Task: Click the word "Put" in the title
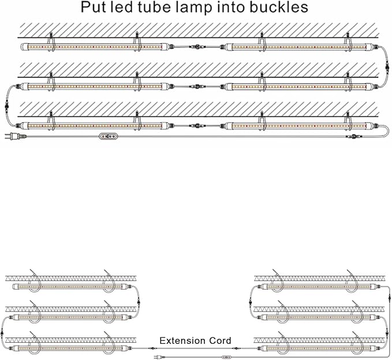pos(94,8)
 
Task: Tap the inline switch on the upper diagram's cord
pos(108,137)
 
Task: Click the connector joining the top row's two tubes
pos(197,45)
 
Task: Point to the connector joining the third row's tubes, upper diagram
pos(197,125)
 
